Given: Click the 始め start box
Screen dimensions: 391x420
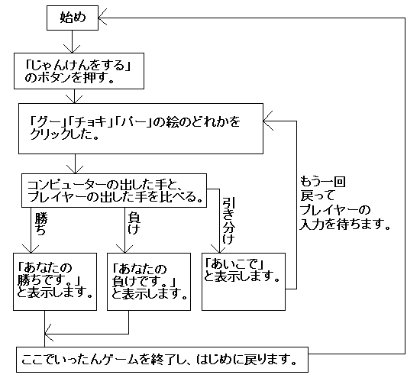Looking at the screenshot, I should click(x=73, y=17).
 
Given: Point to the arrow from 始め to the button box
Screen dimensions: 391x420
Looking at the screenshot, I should click(x=73, y=41).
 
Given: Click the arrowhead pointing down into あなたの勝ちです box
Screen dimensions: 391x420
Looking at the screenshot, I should click(x=29, y=247).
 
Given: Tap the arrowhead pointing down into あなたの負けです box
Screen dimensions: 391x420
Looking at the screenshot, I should click(x=127, y=247).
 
